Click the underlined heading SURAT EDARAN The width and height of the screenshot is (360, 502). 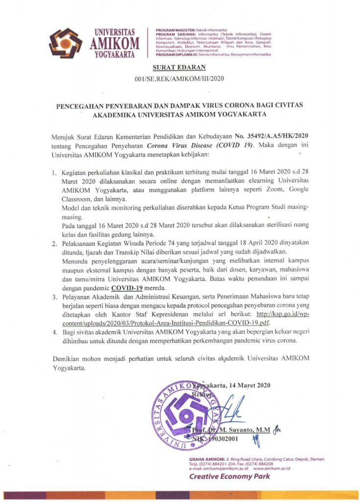coord(180,68)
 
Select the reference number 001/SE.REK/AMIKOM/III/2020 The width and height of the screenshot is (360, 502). coord(179,79)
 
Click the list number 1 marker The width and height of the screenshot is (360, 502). coord(55,173)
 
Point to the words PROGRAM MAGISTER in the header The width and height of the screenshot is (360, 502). coord(175,30)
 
